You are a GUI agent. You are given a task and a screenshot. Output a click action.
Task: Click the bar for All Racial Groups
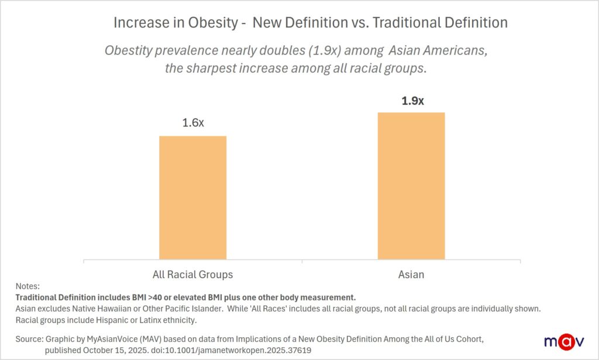click(x=192, y=197)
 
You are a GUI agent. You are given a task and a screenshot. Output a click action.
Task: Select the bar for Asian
click(x=411, y=186)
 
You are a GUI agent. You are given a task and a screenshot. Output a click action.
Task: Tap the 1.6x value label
click(x=193, y=124)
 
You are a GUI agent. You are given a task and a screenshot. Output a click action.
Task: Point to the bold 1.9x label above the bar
click(x=412, y=101)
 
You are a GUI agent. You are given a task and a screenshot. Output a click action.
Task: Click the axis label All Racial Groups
click(x=192, y=274)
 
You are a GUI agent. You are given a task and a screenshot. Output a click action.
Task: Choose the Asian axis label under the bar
click(x=411, y=274)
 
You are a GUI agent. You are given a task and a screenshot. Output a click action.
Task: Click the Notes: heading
click(x=27, y=287)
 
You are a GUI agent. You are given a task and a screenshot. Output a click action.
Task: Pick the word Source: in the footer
click(x=29, y=340)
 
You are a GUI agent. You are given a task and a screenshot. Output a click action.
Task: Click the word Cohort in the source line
click(x=469, y=340)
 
